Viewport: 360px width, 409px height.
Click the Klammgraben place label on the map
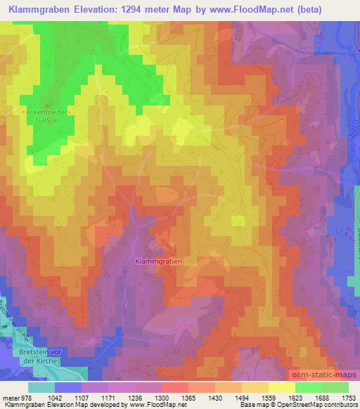(x=158, y=261)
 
